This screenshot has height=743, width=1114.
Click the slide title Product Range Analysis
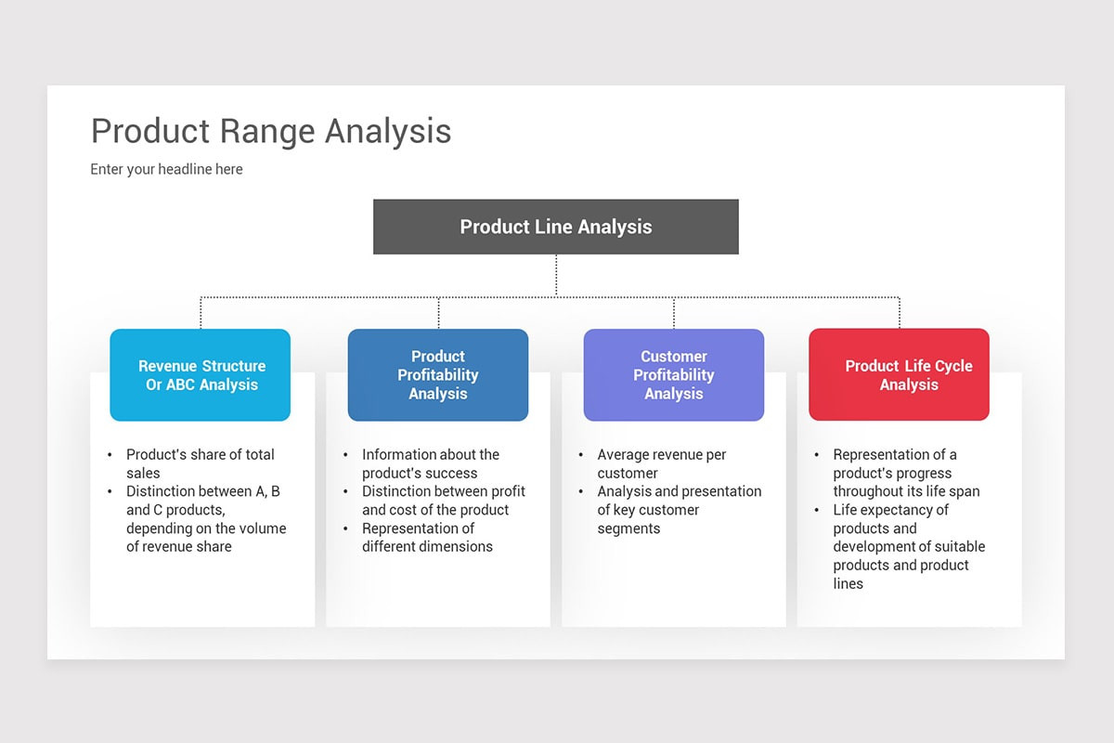point(271,131)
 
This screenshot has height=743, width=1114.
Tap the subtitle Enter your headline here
point(166,169)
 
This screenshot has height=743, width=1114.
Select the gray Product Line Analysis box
point(555,227)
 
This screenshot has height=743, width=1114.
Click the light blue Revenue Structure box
point(201,375)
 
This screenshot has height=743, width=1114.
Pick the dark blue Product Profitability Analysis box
point(437,375)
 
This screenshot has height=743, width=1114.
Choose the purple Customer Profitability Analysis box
point(673,375)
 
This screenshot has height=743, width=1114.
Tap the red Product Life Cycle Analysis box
point(899,375)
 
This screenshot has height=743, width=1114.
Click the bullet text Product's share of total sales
point(200,463)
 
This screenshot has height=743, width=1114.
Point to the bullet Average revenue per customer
point(661,463)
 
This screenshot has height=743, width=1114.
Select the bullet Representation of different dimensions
point(427,538)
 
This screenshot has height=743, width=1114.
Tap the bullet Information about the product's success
point(430,463)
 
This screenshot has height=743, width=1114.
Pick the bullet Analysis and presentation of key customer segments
point(679,510)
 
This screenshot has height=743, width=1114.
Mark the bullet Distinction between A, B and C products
point(205,518)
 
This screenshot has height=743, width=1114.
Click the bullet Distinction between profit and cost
point(443,501)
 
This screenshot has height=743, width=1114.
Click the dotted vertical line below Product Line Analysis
point(556,275)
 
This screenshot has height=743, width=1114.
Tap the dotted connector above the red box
point(900,313)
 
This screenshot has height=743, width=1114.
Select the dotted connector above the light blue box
point(201,313)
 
